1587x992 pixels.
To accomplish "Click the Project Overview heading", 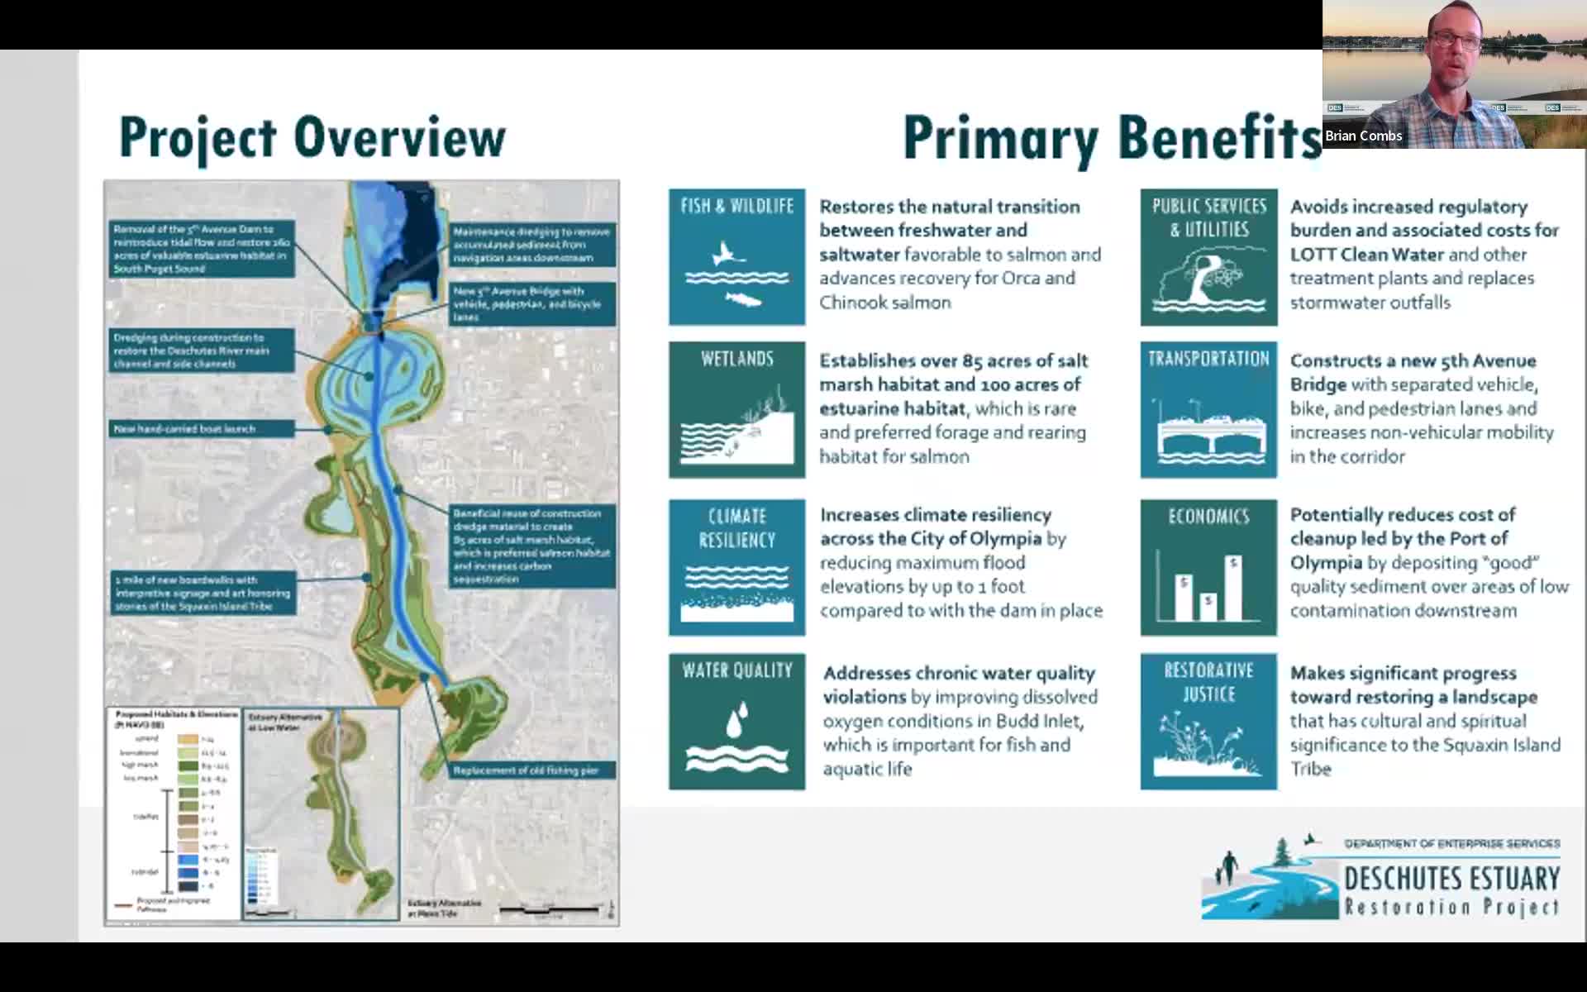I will (312, 137).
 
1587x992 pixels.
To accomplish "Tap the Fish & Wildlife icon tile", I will (736, 257).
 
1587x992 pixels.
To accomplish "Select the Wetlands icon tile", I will (736, 410).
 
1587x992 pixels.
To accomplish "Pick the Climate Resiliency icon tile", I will (736, 567).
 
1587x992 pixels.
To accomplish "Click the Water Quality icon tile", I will (736, 722).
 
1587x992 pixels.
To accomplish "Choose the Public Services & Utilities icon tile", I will (1208, 257).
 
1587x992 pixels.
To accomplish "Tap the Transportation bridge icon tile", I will (1208, 410).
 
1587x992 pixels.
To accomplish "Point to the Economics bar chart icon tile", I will (1208, 567).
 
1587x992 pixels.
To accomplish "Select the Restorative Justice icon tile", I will (1208, 722).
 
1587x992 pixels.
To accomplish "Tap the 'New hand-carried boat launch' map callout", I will (202, 429).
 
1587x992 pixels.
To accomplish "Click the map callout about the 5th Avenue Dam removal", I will (201, 249).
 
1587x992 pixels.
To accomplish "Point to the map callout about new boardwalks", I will (203, 593).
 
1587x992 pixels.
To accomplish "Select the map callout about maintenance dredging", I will (531, 245).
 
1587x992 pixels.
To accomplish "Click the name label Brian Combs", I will (1363, 136).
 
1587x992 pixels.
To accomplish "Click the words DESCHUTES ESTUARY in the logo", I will (1451, 878).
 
